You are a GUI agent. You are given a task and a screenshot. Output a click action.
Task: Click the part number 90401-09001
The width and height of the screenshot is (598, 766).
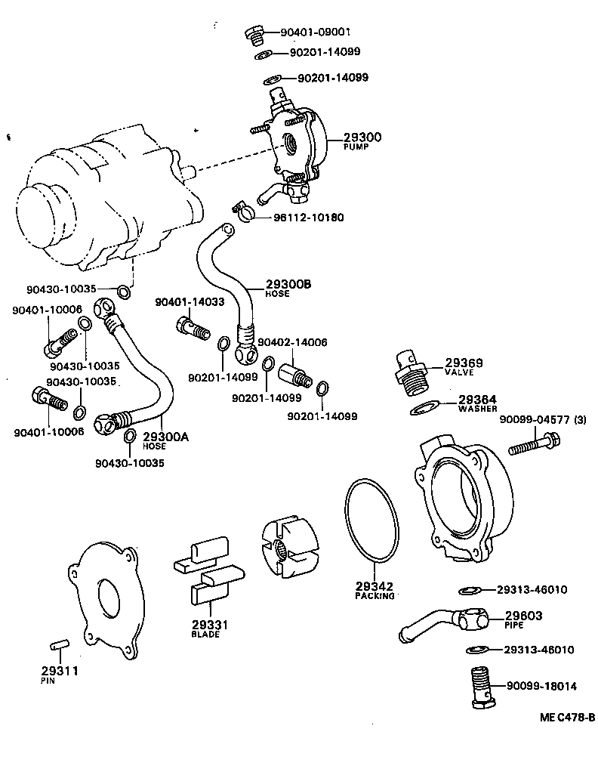coord(315,32)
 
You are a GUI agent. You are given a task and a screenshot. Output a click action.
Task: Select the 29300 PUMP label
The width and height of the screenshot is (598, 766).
coord(362,141)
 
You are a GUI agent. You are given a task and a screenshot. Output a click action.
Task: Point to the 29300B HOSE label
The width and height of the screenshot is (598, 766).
coord(288,288)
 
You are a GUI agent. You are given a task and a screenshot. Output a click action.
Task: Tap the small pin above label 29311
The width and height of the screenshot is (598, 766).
coord(59,644)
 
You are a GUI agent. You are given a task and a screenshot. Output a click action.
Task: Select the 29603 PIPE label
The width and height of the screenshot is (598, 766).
coord(523,619)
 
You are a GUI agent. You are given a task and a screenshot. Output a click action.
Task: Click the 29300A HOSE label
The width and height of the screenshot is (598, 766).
coord(165,440)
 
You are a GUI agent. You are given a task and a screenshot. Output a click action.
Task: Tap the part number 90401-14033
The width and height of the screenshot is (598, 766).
coord(190,302)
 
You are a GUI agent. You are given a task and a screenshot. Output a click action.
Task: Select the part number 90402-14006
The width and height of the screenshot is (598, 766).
coord(292,342)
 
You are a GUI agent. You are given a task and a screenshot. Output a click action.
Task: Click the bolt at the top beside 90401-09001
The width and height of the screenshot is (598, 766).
coord(254,33)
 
